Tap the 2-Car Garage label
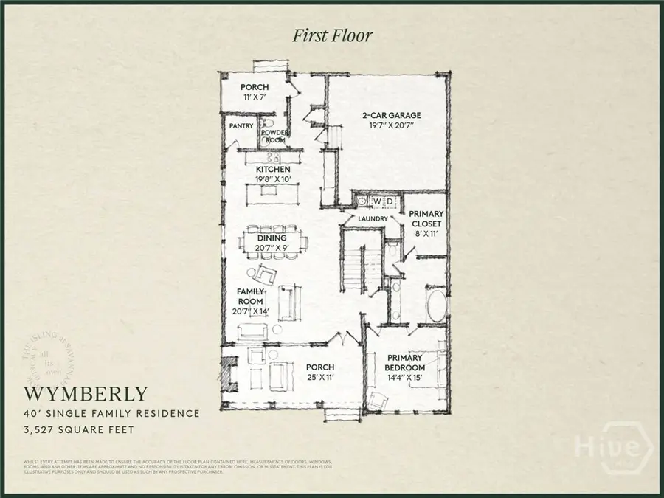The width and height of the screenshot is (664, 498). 391,115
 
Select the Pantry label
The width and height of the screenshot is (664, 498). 241,126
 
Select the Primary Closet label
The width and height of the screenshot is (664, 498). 426,219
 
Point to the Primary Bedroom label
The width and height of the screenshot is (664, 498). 406,363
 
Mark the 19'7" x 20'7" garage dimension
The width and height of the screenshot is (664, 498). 391,126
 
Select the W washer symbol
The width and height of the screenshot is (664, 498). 376,201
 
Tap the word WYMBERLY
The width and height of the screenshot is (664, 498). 86,393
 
